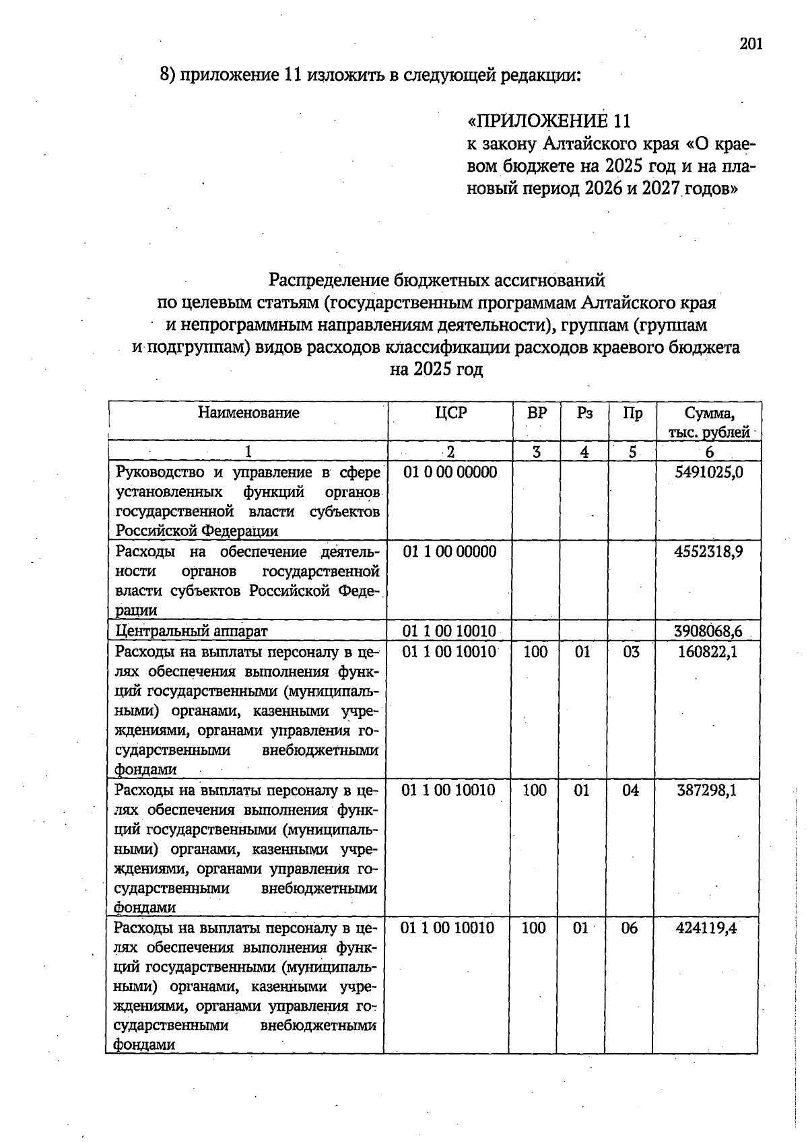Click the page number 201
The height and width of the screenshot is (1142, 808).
click(751, 44)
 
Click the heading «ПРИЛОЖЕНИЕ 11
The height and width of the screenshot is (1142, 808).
click(549, 121)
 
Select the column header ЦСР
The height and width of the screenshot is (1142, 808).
click(450, 413)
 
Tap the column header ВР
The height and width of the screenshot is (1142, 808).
click(537, 413)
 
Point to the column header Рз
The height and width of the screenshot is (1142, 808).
click(584, 413)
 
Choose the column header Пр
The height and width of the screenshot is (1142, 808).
click(632, 413)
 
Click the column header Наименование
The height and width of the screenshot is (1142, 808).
click(248, 412)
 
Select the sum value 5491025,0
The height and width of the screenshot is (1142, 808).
click(709, 472)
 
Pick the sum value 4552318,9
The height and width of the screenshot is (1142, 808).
click(708, 551)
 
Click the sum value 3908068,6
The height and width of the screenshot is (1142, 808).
click(708, 631)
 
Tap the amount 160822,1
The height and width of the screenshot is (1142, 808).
click(707, 651)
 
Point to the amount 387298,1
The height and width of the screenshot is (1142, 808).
click(706, 790)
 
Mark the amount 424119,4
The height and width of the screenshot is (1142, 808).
click(706, 928)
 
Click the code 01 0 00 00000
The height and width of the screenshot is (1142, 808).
click(450, 472)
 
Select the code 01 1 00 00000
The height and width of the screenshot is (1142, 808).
click(450, 551)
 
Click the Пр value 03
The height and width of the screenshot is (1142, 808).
click(631, 651)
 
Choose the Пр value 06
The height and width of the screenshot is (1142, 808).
click(629, 928)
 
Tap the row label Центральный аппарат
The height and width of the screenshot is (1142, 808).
click(192, 631)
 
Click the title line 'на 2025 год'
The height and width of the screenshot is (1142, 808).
click(436, 370)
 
